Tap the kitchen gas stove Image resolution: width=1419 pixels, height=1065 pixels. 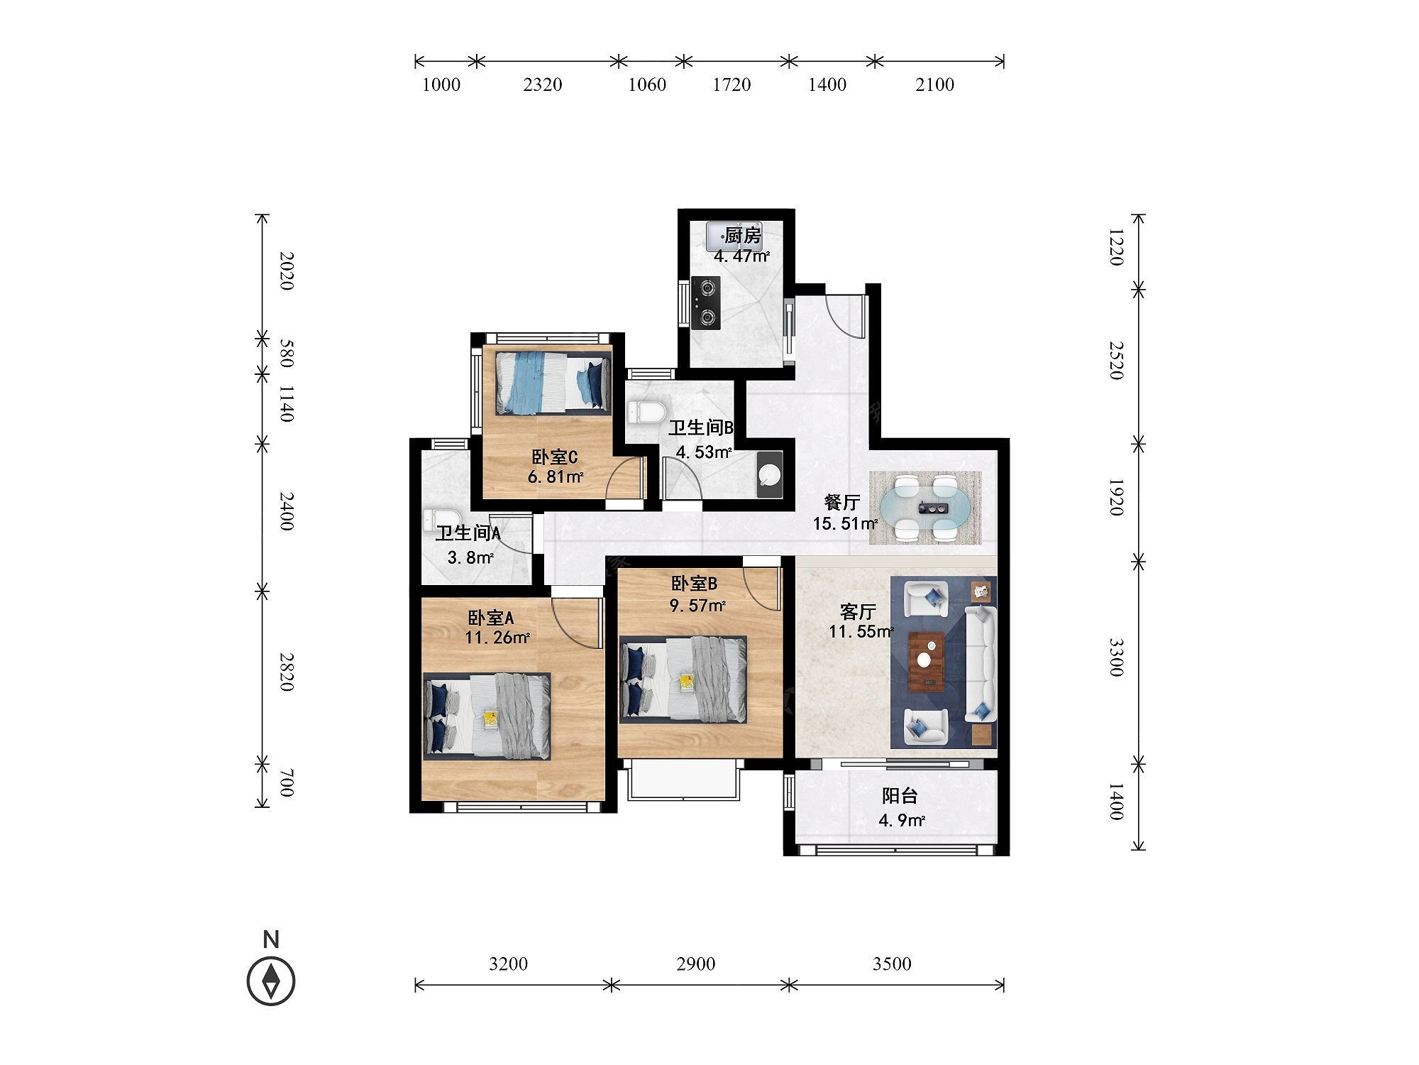tap(706, 302)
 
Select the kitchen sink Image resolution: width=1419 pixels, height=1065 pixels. tap(725, 236)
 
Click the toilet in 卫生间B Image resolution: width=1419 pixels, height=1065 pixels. tap(648, 412)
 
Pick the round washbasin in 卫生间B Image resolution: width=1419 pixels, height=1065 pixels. tap(769, 474)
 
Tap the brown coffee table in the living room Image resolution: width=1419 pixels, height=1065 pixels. tap(926, 660)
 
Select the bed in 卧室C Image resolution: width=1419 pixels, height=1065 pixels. tap(553, 381)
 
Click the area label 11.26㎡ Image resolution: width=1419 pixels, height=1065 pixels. tap(497, 638)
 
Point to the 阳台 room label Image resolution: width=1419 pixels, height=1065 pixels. tap(900, 796)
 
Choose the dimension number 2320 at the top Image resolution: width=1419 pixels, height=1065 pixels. tap(543, 84)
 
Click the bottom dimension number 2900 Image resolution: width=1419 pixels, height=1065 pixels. tap(696, 963)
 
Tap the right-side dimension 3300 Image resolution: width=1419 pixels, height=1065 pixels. tap(1116, 657)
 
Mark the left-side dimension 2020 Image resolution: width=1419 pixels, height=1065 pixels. tap(286, 271)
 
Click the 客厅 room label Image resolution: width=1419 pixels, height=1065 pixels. tap(858, 611)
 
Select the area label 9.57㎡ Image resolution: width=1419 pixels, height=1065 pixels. tap(698, 606)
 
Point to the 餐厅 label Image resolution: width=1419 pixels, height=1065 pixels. tap(842, 503)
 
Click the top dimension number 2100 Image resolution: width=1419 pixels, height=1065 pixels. tap(934, 84)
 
